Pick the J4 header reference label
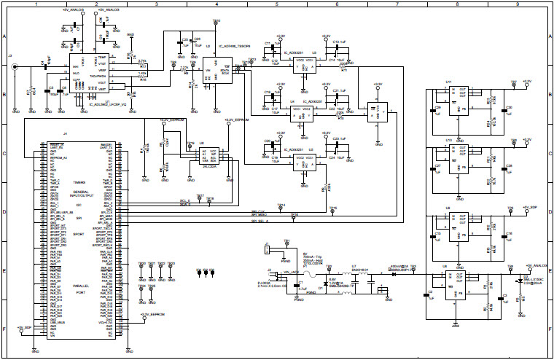65,135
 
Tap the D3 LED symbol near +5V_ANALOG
520,279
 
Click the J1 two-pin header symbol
270,249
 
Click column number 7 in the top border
397,4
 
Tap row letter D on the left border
4,211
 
